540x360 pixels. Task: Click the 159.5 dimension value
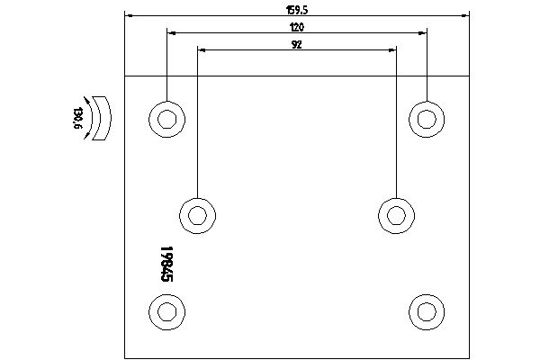[296, 10]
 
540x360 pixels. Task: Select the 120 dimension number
[297, 27]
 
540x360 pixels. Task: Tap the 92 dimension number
[296, 44]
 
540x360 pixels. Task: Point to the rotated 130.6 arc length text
[78, 118]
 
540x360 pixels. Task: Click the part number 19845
[166, 264]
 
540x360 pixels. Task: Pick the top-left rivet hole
[167, 119]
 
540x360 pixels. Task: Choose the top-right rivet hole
[427, 119]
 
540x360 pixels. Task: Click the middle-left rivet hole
[198, 216]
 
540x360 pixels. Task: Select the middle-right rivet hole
[396, 216]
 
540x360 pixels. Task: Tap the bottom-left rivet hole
[167, 312]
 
